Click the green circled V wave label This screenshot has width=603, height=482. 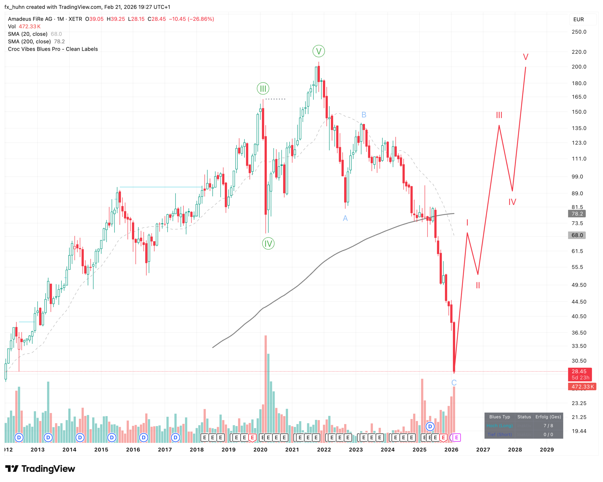click(318, 51)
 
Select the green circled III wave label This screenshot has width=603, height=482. click(263, 89)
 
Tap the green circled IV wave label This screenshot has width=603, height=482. click(268, 243)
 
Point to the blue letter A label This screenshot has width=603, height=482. click(345, 218)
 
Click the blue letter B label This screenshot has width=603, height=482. click(363, 115)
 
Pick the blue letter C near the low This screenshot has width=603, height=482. click(454, 382)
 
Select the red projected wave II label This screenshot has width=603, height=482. click(478, 285)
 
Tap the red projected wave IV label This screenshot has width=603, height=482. click(512, 202)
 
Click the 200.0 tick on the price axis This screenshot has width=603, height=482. click(579, 67)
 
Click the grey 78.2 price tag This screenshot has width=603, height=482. click(577, 214)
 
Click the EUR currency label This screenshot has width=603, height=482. click(578, 19)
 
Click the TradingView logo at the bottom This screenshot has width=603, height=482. click(40, 468)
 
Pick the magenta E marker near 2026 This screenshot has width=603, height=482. click(456, 437)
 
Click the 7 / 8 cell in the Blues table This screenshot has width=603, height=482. click(548, 426)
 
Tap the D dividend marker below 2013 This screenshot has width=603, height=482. click(48, 437)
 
